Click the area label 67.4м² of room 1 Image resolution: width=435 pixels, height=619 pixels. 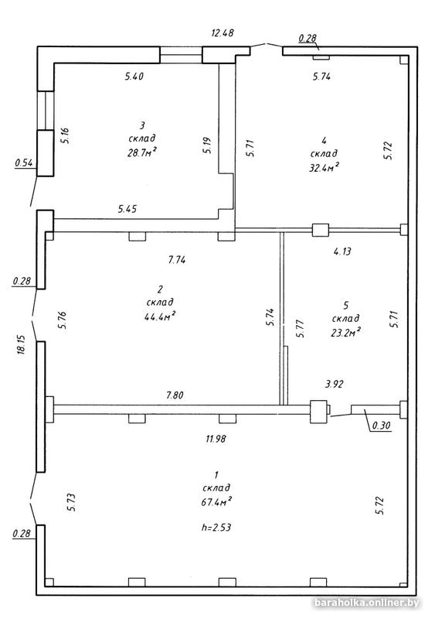pyautogui.click(x=216, y=501)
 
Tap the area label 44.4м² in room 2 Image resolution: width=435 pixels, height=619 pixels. pyautogui.click(x=160, y=316)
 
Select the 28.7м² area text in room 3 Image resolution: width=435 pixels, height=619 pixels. pyautogui.click(x=142, y=152)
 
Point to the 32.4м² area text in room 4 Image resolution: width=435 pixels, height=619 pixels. pyautogui.click(x=325, y=167)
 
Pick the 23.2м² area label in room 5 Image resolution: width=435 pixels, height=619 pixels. pyautogui.click(x=346, y=333)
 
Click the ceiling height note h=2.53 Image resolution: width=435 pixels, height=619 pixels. pyautogui.click(x=216, y=527)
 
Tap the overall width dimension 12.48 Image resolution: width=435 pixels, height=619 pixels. pyautogui.click(x=223, y=32)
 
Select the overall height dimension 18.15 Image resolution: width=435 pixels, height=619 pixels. pyautogui.click(x=22, y=344)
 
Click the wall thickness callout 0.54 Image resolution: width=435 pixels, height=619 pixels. pyautogui.click(x=24, y=162)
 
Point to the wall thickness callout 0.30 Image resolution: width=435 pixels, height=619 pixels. pyautogui.click(x=382, y=425)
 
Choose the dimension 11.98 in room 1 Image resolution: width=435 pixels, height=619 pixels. pyautogui.click(x=216, y=438)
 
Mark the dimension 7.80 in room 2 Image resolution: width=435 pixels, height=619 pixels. pyautogui.click(x=175, y=395)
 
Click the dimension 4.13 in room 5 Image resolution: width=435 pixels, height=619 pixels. pyautogui.click(x=342, y=251)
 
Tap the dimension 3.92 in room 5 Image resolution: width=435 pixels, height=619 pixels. pyautogui.click(x=334, y=384)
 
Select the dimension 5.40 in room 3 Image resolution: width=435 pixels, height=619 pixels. pyautogui.click(x=134, y=76)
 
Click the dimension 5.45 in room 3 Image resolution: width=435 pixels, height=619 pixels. pyautogui.click(x=127, y=208)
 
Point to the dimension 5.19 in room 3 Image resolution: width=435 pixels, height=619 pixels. pyautogui.click(x=209, y=145)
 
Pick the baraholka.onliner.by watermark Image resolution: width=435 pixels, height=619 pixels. pyautogui.click(x=366, y=603)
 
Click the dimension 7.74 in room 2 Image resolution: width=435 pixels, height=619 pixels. pyautogui.click(x=177, y=260)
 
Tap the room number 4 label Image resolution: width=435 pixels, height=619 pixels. pyautogui.click(x=325, y=140)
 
